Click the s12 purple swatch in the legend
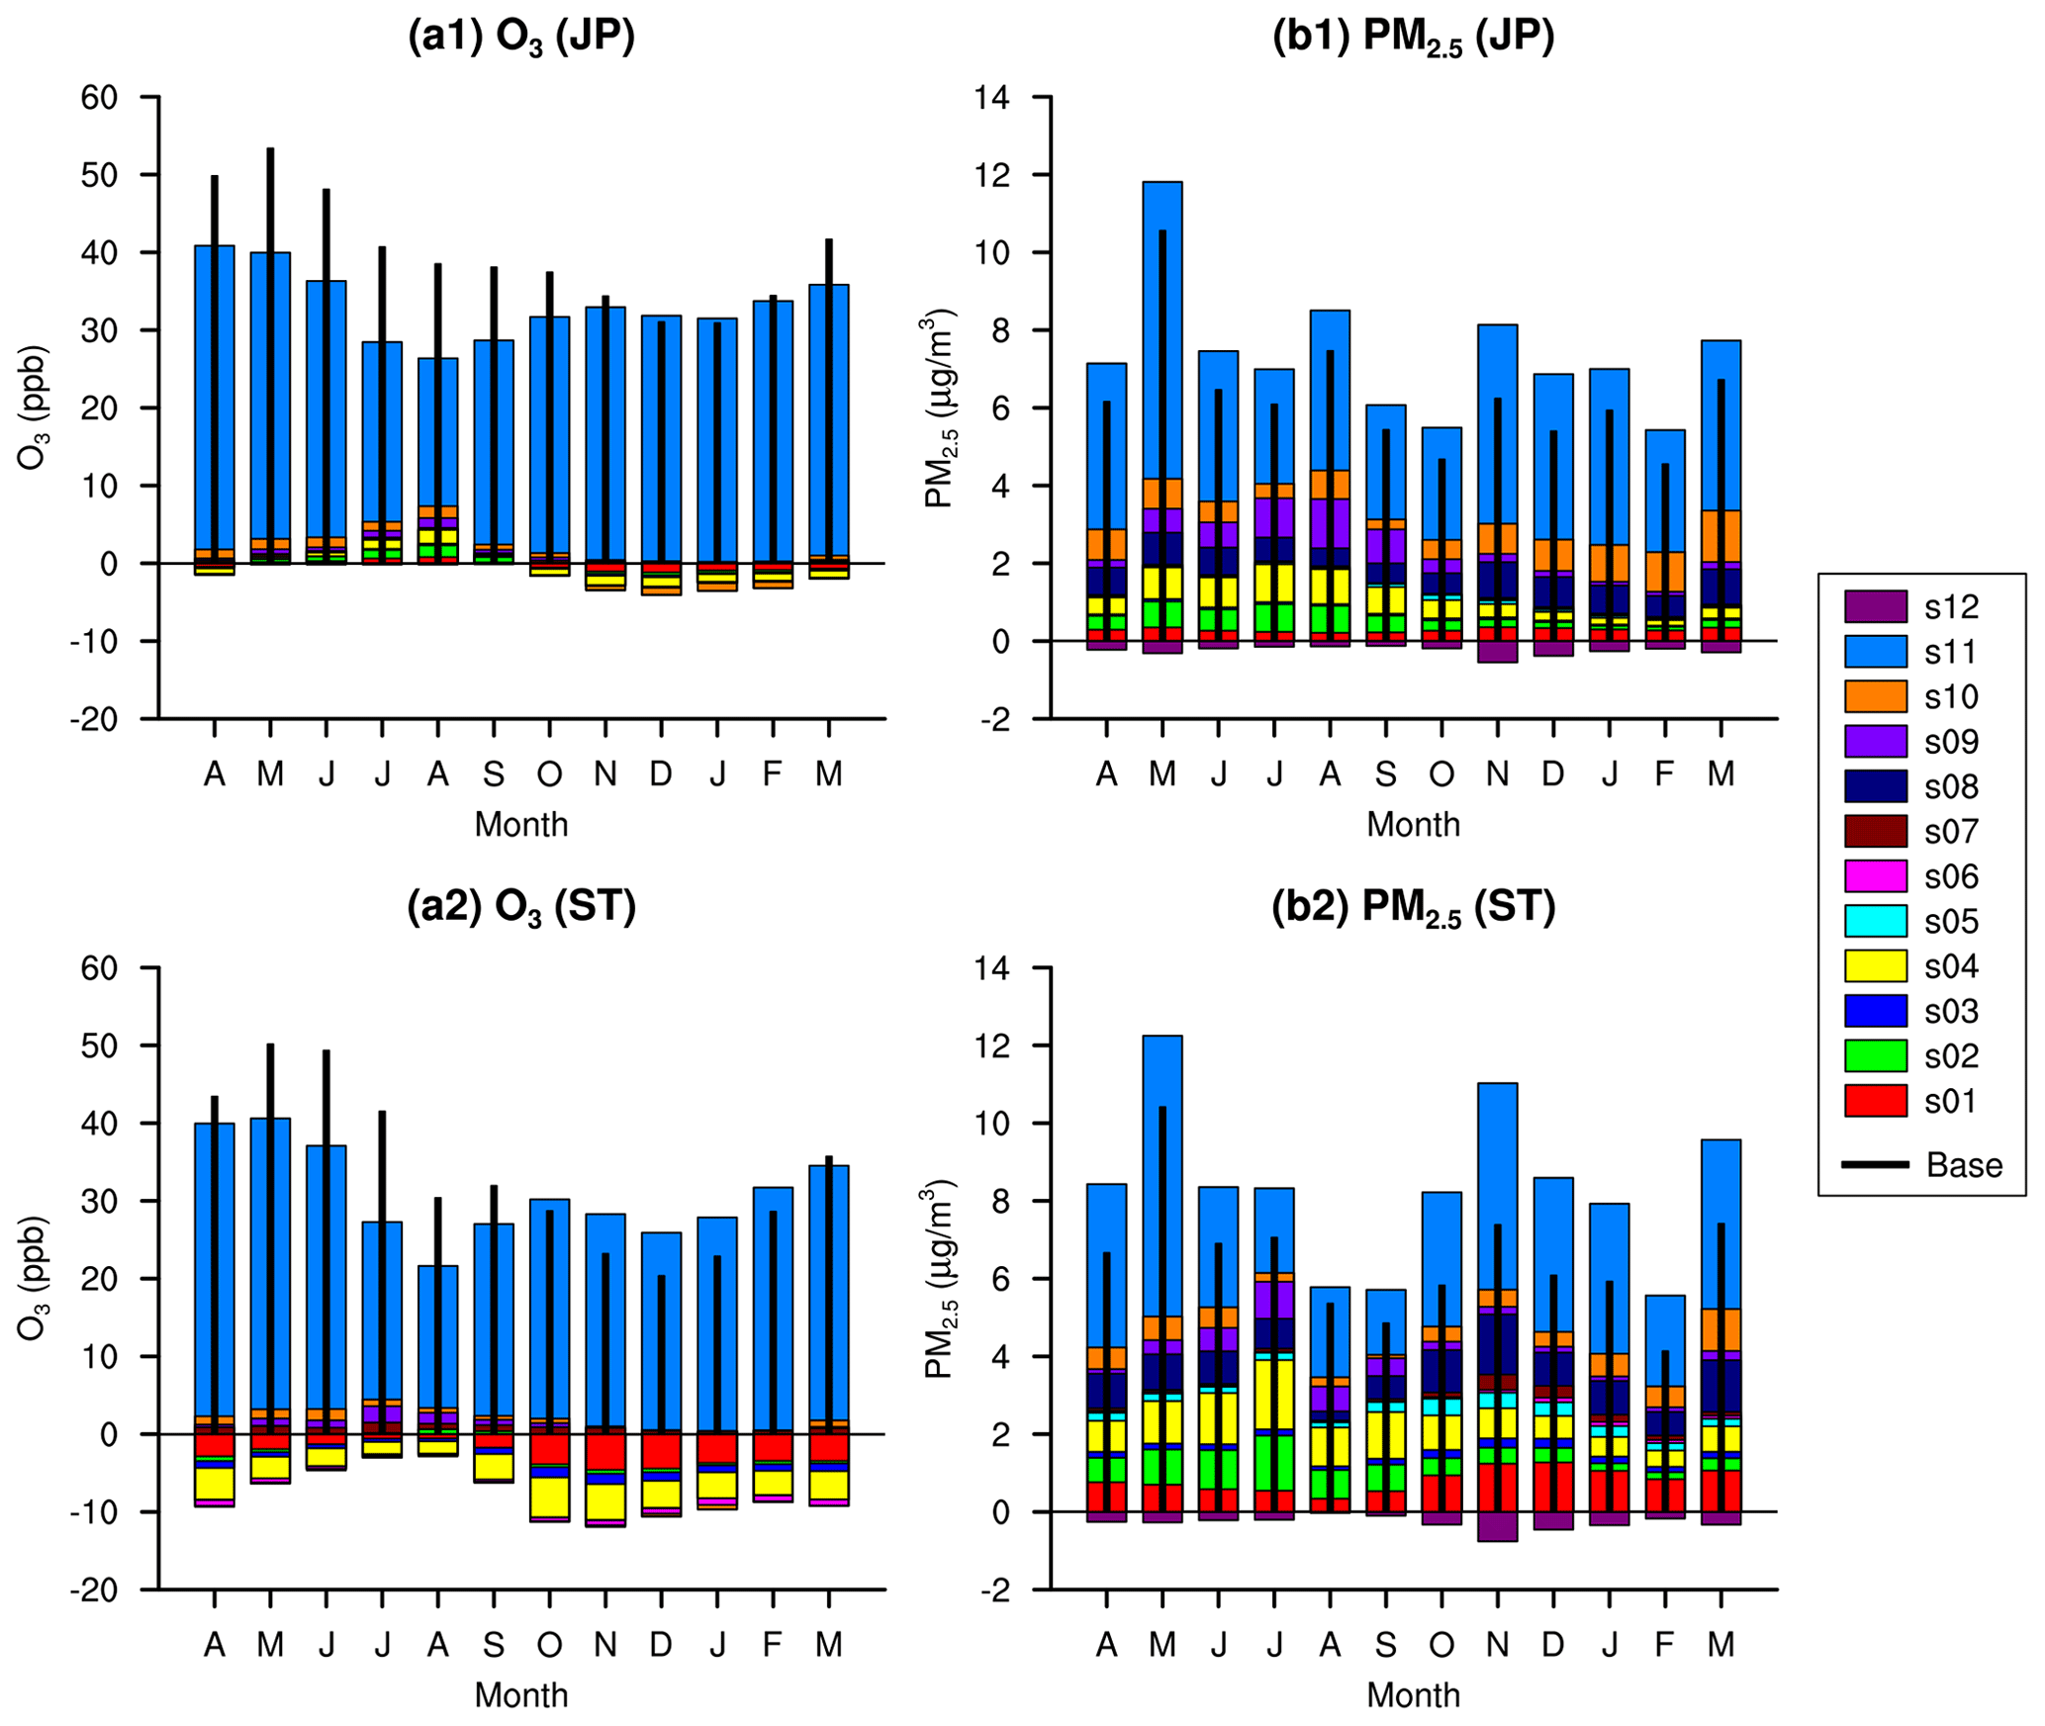1874,606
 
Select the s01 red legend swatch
1874,1101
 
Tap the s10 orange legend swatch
1874,696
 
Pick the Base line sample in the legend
1874,1165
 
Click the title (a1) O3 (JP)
520,38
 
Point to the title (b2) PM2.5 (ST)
1413,907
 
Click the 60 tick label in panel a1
99,97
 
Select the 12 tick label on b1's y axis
991,175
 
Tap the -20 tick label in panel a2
94,1590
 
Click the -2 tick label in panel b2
997,1590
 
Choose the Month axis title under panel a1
520,824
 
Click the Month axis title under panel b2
1413,1695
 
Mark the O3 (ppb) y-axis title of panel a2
34,1278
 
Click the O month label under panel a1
549,773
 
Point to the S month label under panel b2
1385,1645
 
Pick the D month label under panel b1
1552,773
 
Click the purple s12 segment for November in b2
1497,1526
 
